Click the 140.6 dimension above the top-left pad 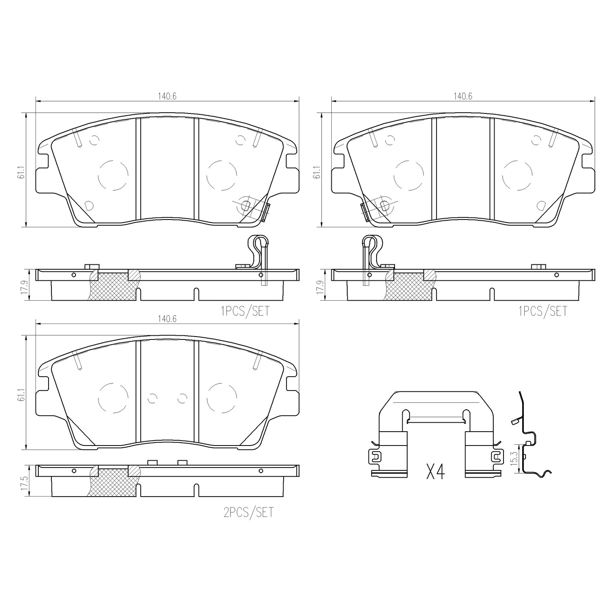click(x=167, y=96)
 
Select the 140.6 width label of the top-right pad click(x=463, y=96)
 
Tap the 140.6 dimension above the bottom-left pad click(x=167, y=319)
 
